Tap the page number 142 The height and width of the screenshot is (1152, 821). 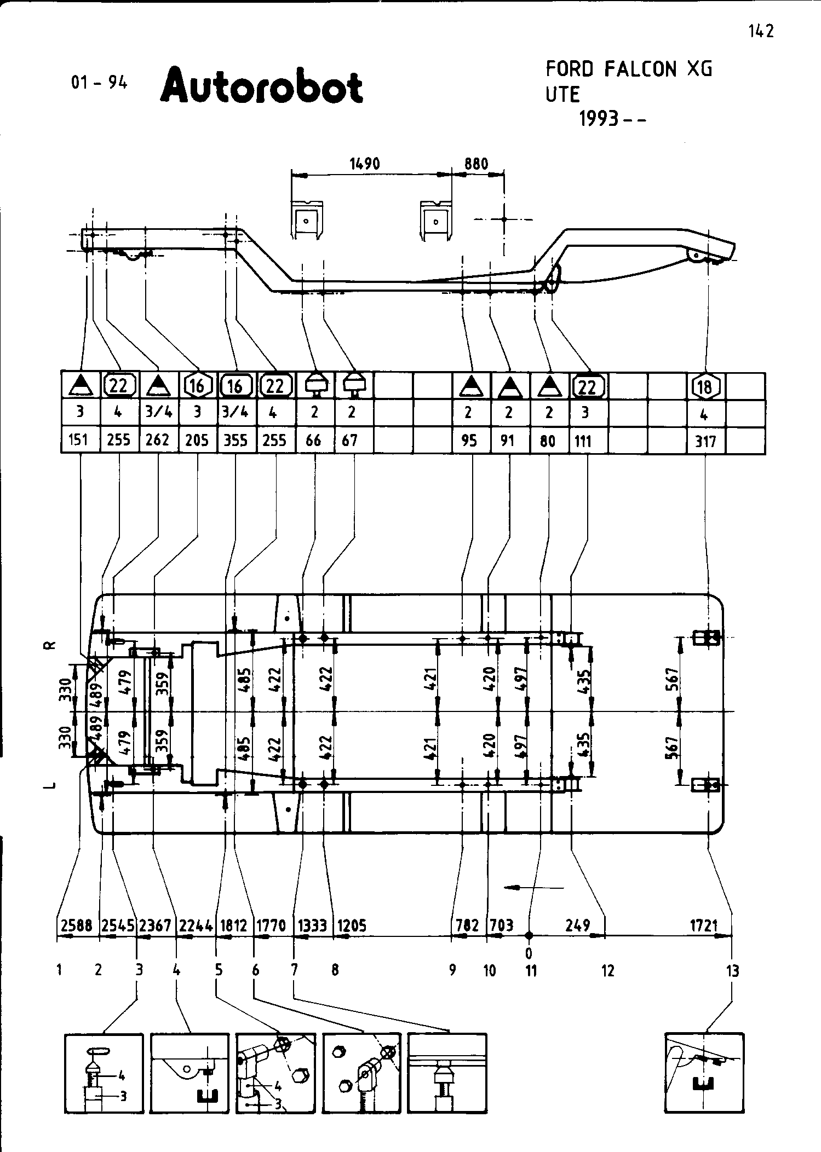[x=761, y=31]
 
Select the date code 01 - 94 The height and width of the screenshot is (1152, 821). [x=99, y=83]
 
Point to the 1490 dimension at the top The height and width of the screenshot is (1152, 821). [x=364, y=164]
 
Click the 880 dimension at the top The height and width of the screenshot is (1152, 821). [x=476, y=164]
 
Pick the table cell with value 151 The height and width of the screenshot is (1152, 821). [x=80, y=440]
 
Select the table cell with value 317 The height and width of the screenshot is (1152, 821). [x=705, y=441]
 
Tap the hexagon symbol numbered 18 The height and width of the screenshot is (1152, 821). [x=705, y=386]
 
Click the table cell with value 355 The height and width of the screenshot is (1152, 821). [x=236, y=440]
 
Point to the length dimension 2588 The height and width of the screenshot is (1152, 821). [x=76, y=925]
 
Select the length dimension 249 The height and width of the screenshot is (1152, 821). [x=578, y=925]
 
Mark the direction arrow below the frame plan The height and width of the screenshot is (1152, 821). [x=533, y=887]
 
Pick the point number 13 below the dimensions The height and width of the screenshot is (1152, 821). [x=732, y=971]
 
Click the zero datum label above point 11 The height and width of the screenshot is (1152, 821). [x=529, y=953]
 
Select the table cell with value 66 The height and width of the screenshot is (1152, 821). [x=314, y=440]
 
